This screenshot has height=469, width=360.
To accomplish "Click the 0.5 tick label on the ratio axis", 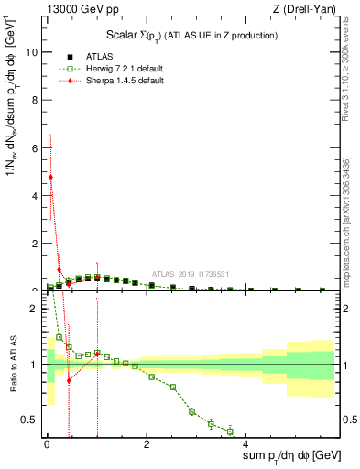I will [30, 420].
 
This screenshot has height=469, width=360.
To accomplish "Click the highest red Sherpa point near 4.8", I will [50, 177].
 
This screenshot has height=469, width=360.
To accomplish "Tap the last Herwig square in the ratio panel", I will [230, 431].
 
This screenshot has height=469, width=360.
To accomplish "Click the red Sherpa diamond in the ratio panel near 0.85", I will [69, 380].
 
